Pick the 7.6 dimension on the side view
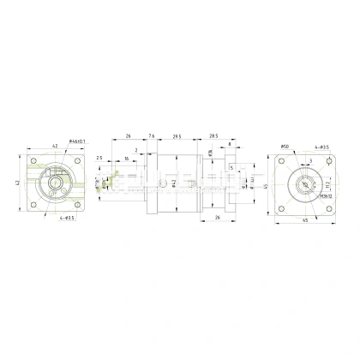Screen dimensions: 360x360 pyautogui.click(x=152, y=135)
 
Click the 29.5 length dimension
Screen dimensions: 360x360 pyautogui.click(x=177, y=135)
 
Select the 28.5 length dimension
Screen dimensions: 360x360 pyautogui.click(x=213, y=135)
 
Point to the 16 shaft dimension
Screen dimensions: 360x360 pyautogui.click(x=127, y=159)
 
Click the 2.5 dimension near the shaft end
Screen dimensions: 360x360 pyautogui.click(x=100, y=159)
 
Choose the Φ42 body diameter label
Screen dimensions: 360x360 pyautogui.click(x=174, y=183)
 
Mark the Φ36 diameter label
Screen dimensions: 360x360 pyautogui.click(x=210, y=152)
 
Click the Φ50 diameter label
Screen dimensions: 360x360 pyautogui.click(x=285, y=147)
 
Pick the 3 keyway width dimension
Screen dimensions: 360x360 pyautogui.click(x=309, y=159)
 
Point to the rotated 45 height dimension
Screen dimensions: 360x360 pyautogui.click(x=267, y=187)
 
